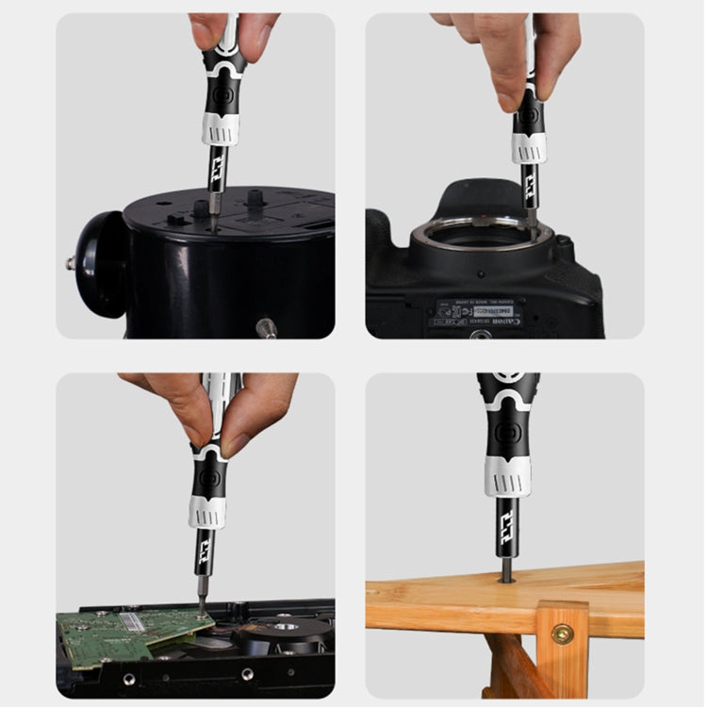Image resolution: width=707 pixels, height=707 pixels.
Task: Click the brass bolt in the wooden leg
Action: (562, 633)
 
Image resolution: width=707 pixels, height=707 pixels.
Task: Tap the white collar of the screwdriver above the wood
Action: (507, 475)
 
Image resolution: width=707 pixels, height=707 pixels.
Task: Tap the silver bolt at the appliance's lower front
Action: (266, 328)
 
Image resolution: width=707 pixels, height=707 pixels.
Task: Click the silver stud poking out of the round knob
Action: (71, 263)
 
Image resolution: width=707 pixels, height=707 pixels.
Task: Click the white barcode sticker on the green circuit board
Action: (132, 622)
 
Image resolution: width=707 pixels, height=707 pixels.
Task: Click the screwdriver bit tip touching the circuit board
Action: (201, 611)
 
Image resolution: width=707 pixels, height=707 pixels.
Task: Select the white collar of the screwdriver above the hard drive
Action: (206, 511)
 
